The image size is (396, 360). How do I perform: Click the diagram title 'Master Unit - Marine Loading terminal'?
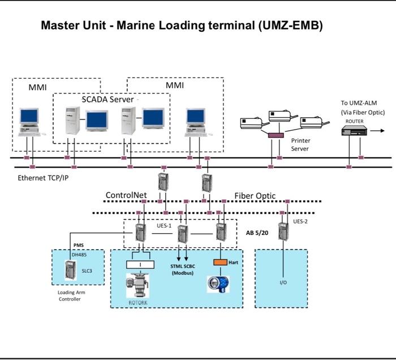click(x=182, y=26)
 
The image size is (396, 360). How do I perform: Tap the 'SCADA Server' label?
click(x=107, y=99)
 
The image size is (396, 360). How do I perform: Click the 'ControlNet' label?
click(x=126, y=195)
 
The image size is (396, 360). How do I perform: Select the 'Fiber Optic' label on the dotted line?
click(x=255, y=196)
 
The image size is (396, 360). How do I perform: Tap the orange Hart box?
click(x=219, y=263)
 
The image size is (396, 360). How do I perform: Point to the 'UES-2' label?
click(x=300, y=221)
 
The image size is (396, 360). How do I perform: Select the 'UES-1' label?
click(x=164, y=225)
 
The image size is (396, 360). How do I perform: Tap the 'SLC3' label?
click(x=87, y=271)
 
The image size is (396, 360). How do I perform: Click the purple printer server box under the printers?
click(x=276, y=135)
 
